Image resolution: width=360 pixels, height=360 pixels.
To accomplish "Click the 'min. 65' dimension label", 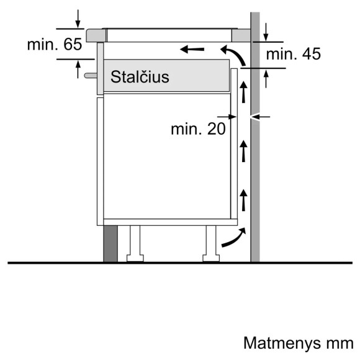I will point(55,44).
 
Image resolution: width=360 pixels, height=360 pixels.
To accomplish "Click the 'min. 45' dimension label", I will point(294,55).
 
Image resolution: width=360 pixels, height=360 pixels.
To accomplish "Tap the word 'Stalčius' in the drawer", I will point(140,77).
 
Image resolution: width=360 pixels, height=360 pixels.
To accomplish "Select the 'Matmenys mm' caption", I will point(299,343).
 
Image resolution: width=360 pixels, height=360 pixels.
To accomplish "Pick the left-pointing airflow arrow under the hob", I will point(192,48).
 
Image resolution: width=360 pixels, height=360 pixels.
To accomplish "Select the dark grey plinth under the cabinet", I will point(110,243).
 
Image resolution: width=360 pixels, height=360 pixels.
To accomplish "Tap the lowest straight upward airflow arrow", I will point(243,198).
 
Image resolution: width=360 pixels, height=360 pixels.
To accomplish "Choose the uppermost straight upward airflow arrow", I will point(243,92).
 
